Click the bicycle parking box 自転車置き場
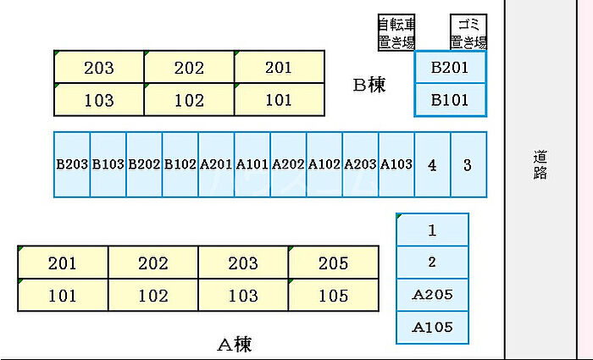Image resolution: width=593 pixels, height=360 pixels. coord(396,32)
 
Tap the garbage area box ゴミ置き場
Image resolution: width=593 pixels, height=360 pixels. coord(468,32)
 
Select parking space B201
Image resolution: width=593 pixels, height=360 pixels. coord(450,67)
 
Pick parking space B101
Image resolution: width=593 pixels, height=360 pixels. coord(450,100)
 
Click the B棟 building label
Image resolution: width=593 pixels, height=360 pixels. coord(369,85)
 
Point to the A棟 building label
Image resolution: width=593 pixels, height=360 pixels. coord(235,344)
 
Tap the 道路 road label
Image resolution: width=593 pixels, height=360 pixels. coord(540,164)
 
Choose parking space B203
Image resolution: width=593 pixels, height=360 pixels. coord(72,164)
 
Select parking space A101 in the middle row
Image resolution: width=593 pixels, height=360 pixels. coord(252,164)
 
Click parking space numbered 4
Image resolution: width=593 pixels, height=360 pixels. coord(433,164)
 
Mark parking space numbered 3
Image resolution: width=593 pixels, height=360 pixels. coord(468,164)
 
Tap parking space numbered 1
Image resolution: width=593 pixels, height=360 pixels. coord(432,230)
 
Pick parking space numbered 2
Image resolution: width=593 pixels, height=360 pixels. coord(432,263)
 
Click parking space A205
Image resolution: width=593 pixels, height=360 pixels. coord(432,295)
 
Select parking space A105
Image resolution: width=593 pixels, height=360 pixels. coord(432,328)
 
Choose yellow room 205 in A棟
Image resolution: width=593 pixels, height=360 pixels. coord(334,263)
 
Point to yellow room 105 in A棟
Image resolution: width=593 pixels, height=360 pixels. coord(334,296)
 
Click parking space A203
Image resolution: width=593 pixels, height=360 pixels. coord(360,164)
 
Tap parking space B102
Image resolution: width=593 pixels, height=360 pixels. coord(180,164)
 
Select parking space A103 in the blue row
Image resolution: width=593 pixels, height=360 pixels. coord(396,164)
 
